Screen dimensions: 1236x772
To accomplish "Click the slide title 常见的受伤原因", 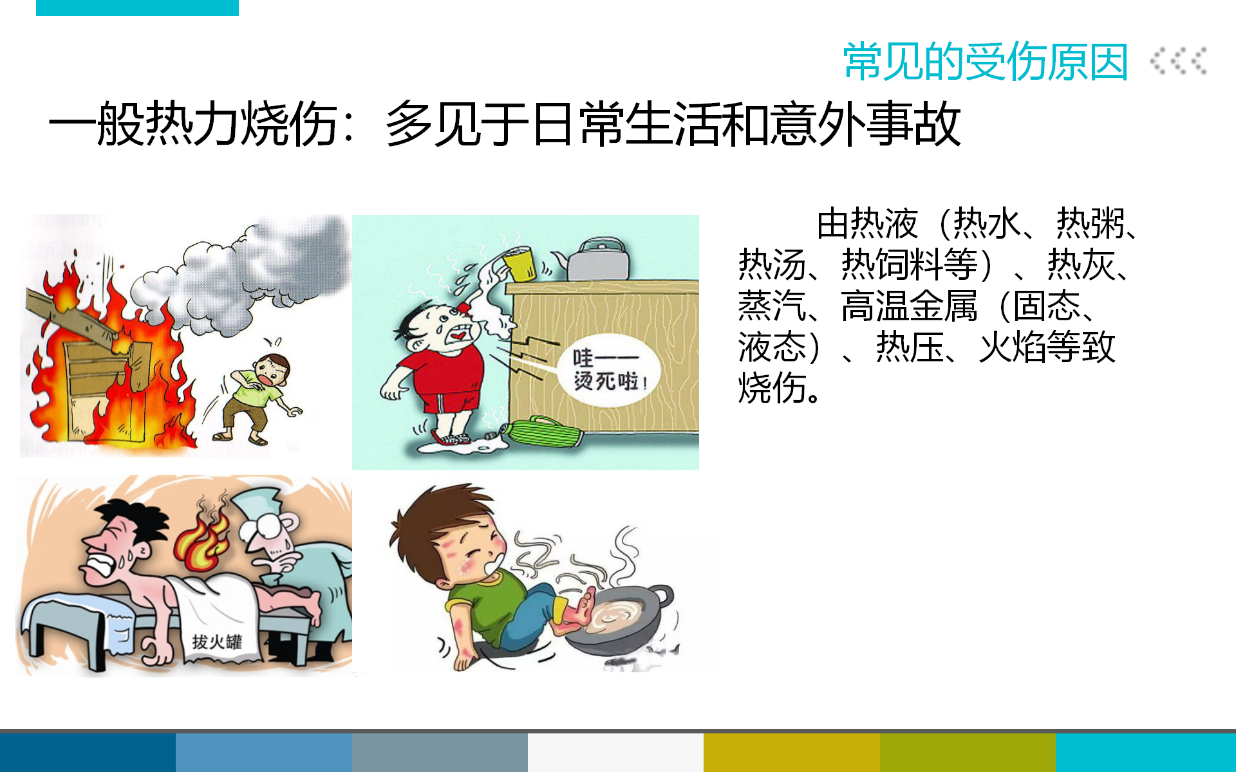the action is pyautogui.click(x=986, y=62).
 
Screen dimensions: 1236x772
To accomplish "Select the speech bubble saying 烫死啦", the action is pyautogui.click(x=608, y=369).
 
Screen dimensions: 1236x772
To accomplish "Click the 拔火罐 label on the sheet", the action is pyautogui.click(x=217, y=641).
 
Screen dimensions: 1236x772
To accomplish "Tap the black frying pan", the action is pyautogui.click(x=618, y=618).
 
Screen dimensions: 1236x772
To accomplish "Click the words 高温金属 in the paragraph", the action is pyautogui.click(x=909, y=306).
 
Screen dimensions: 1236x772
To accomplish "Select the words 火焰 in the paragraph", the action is pyautogui.click(x=1013, y=347).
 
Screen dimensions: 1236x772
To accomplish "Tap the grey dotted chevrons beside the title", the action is pyautogui.click(x=1179, y=61).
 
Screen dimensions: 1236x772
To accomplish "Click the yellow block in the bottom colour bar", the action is pyautogui.click(x=791, y=753).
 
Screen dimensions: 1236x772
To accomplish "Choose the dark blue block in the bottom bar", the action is pyautogui.click(x=88, y=753).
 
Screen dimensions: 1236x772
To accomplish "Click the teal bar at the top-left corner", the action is pyautogui.click(x=137, y=8).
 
